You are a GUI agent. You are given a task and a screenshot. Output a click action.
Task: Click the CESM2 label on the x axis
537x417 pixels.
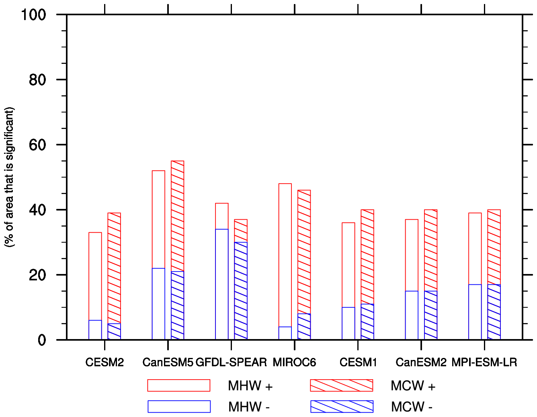[105, 362]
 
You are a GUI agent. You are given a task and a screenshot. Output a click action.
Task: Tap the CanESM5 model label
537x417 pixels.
[168, 362]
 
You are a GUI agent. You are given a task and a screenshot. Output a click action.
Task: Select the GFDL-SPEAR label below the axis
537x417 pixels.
[231, 362]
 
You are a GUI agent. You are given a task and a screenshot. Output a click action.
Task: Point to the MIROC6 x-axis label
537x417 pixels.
[294, 362]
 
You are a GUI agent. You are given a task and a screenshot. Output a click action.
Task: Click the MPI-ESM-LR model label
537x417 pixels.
[484, 362]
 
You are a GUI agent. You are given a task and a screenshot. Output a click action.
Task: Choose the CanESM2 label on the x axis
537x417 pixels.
[421, 362]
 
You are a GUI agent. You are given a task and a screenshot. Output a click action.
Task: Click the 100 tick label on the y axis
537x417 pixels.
[33, 15]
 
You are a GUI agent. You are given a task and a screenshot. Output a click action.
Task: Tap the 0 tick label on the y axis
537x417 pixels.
[42, 340]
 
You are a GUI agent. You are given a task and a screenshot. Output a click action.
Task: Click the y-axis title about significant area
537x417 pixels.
[9, 177]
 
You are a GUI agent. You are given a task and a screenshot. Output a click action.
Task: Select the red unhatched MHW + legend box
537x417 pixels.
[178, 385]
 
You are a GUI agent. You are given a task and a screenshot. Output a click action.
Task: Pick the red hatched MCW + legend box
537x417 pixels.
[341, 385]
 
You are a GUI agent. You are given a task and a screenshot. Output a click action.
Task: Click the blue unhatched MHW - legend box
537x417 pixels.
[179, 407]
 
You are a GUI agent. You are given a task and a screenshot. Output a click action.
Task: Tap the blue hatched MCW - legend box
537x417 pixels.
[342, 407]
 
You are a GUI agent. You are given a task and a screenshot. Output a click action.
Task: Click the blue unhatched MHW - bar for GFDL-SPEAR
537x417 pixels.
[222, 284]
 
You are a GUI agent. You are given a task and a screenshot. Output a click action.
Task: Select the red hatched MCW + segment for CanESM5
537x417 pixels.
[178, 216]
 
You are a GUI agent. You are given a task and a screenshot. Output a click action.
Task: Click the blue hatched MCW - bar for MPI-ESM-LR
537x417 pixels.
[494, 312]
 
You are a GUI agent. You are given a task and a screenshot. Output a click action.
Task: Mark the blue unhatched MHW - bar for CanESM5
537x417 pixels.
[158, 304]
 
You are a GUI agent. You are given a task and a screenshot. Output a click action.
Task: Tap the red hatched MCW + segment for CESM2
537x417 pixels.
[114, 268]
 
